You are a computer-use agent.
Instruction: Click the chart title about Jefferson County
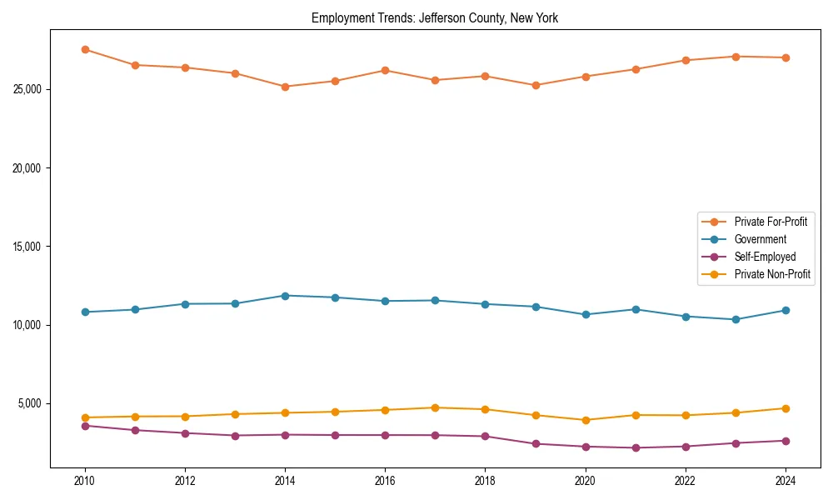[x=435, y=17]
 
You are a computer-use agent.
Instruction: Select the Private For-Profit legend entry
[x=771, y=222]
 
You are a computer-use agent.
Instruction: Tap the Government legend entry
[x=760, y=239]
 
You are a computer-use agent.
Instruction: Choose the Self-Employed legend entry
[x=765, y=257]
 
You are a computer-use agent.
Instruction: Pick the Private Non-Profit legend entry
[x=772, y=274]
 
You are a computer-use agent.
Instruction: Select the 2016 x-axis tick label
[x=385, y=481]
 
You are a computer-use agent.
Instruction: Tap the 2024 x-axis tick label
[x=786, y=481]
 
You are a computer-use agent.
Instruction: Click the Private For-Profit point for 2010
[x=85, y=49]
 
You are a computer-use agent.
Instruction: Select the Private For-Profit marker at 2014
[x=285, y=87]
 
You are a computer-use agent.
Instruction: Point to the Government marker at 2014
[x=285, y=296]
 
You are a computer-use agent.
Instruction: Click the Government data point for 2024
[x=786, y=310]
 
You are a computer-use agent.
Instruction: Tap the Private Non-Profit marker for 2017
[x=435, y=407]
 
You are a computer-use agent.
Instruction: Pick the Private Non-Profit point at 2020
[x=586, y=420]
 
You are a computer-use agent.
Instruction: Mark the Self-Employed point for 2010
[x=85, y=426]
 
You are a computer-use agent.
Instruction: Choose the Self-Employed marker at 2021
[x=636, y=447]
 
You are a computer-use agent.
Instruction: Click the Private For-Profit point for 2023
[x=736, y=57]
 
